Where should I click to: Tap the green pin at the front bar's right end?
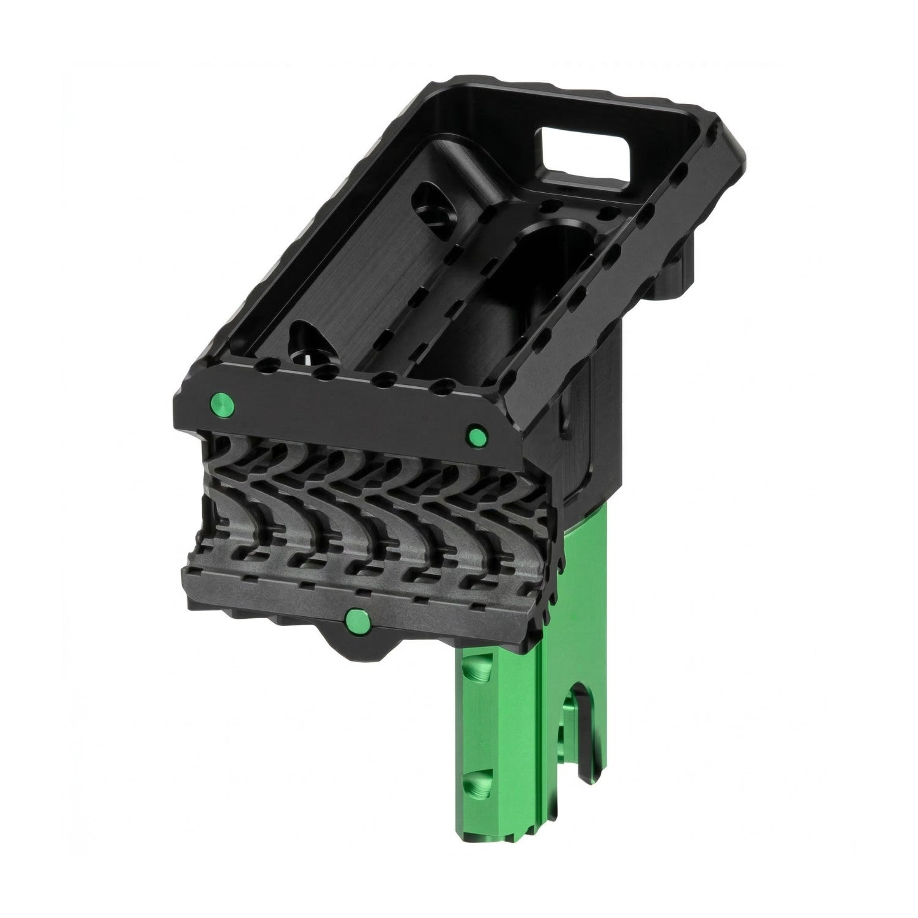(x=476, y=436)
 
